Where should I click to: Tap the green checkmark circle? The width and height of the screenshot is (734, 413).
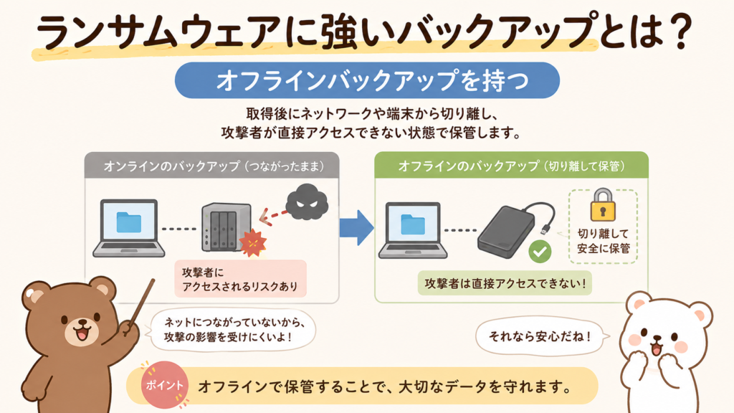coord(540,252)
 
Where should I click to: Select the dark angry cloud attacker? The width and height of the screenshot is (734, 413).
coord(307,201)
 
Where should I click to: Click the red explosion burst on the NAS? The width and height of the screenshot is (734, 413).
coord(253,242)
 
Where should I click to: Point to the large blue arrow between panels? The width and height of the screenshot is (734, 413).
coord(356,227)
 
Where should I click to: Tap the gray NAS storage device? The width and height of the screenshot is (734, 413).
coord(227,227)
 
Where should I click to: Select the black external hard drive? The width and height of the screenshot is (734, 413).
coord(506,231)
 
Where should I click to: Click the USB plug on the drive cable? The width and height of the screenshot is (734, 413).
coord(545,229)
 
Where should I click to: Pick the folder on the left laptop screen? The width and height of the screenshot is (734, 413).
coord(129,222)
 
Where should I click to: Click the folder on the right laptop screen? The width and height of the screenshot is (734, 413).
coord(413,224)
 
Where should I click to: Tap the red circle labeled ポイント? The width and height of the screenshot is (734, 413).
coord(164,385)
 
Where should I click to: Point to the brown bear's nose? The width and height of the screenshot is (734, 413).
coord(83,323)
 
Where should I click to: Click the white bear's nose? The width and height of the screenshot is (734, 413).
coord(658,338)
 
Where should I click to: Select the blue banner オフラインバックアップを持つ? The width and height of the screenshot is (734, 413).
coord(367,80)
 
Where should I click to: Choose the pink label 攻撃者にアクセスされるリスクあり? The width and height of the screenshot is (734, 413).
coord(241,279)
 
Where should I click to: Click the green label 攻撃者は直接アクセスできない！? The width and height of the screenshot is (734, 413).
coord(505,283)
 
